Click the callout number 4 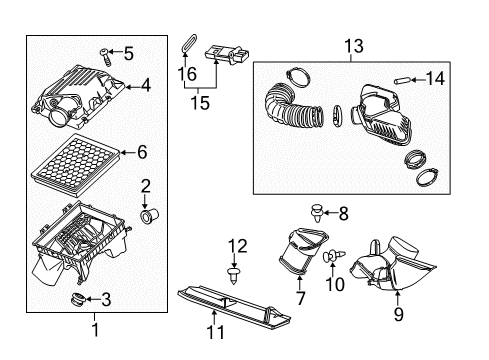point(146,86)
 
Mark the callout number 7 point(300,298)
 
